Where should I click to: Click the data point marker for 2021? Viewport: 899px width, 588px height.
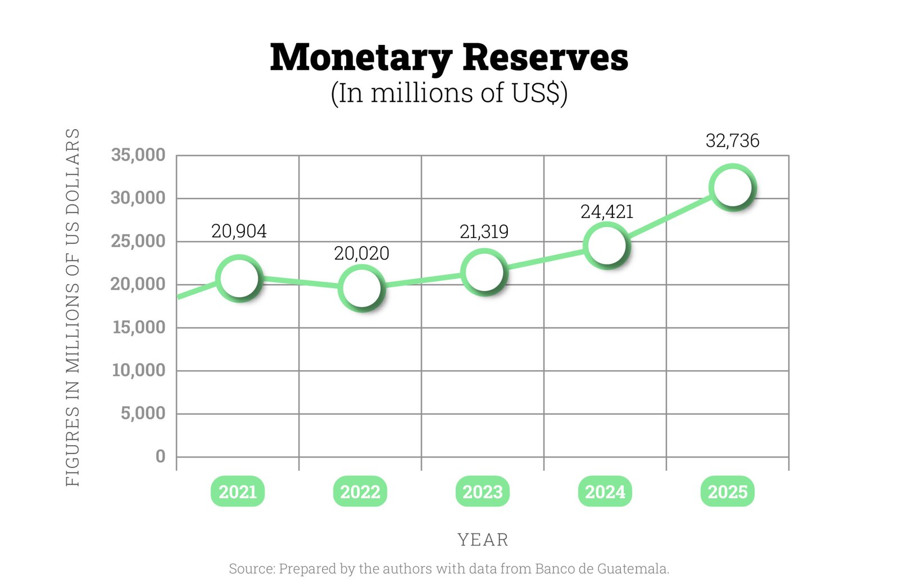coord(239,278)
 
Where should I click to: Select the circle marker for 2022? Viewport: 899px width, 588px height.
coord(361,288)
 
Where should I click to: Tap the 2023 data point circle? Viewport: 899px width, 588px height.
coord(484,272)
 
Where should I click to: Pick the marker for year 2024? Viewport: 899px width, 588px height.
coord(606,245)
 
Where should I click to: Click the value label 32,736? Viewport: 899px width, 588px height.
coord(732,140)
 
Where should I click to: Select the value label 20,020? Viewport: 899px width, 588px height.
coord(361,253)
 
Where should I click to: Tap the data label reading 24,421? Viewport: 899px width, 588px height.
coord(607,212)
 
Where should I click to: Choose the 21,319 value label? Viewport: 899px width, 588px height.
coord(484,231)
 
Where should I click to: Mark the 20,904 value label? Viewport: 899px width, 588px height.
coord(239,231)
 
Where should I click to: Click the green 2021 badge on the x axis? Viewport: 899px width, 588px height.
coord(238,492)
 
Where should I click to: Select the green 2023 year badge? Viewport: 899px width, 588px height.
coord(483,492)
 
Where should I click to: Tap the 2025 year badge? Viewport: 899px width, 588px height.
coord(728,492)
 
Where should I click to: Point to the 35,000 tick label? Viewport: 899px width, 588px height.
coord(138,154)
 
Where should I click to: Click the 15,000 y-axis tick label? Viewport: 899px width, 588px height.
coord(139,327)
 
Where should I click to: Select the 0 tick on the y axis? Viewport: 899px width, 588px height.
coord(160,456)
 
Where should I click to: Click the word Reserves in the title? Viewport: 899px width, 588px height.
coord(545,57)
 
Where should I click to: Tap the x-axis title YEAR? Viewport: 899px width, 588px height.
coord(483,540)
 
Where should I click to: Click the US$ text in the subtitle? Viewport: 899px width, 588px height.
coord(536,93)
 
